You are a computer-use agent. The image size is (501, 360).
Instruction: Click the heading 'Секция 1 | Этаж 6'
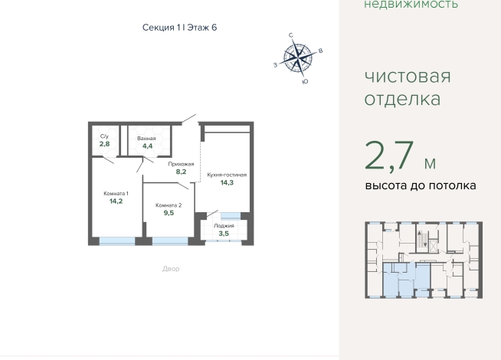[x=179, y=28]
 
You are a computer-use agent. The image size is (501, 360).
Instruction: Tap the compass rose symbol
[x=298, y=57]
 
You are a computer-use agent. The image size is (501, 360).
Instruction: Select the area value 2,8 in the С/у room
[x=104, y=144]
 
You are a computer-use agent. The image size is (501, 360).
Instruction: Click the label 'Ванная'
[x=146, y=139]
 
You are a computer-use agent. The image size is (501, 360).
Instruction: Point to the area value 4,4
[x=147, y=146]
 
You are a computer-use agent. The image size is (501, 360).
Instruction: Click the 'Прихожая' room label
[x=181, y=164]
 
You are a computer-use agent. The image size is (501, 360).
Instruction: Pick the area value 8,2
[x=181, y=172]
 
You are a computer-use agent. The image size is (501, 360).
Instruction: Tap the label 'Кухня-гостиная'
[x=227, y=175]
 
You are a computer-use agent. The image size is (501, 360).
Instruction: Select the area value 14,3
[x=227, y=182]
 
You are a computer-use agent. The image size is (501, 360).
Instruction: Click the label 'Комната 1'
[x=116, y=194]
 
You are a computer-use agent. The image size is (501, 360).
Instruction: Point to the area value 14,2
[x=116, y=201]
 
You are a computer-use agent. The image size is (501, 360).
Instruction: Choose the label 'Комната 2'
[x=169, y=205]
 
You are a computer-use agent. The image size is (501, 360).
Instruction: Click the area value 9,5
[x=169, y=213]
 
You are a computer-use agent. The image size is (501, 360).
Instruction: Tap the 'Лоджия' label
[x=224, y=226]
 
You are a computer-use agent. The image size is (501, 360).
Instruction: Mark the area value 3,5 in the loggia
[x=224, y=234]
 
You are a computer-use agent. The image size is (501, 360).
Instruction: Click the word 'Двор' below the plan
[x=171, y=269]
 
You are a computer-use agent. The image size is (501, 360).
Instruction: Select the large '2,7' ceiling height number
[x=389, y=156]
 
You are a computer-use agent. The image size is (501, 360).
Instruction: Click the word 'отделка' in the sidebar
[x=403, y=99]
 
